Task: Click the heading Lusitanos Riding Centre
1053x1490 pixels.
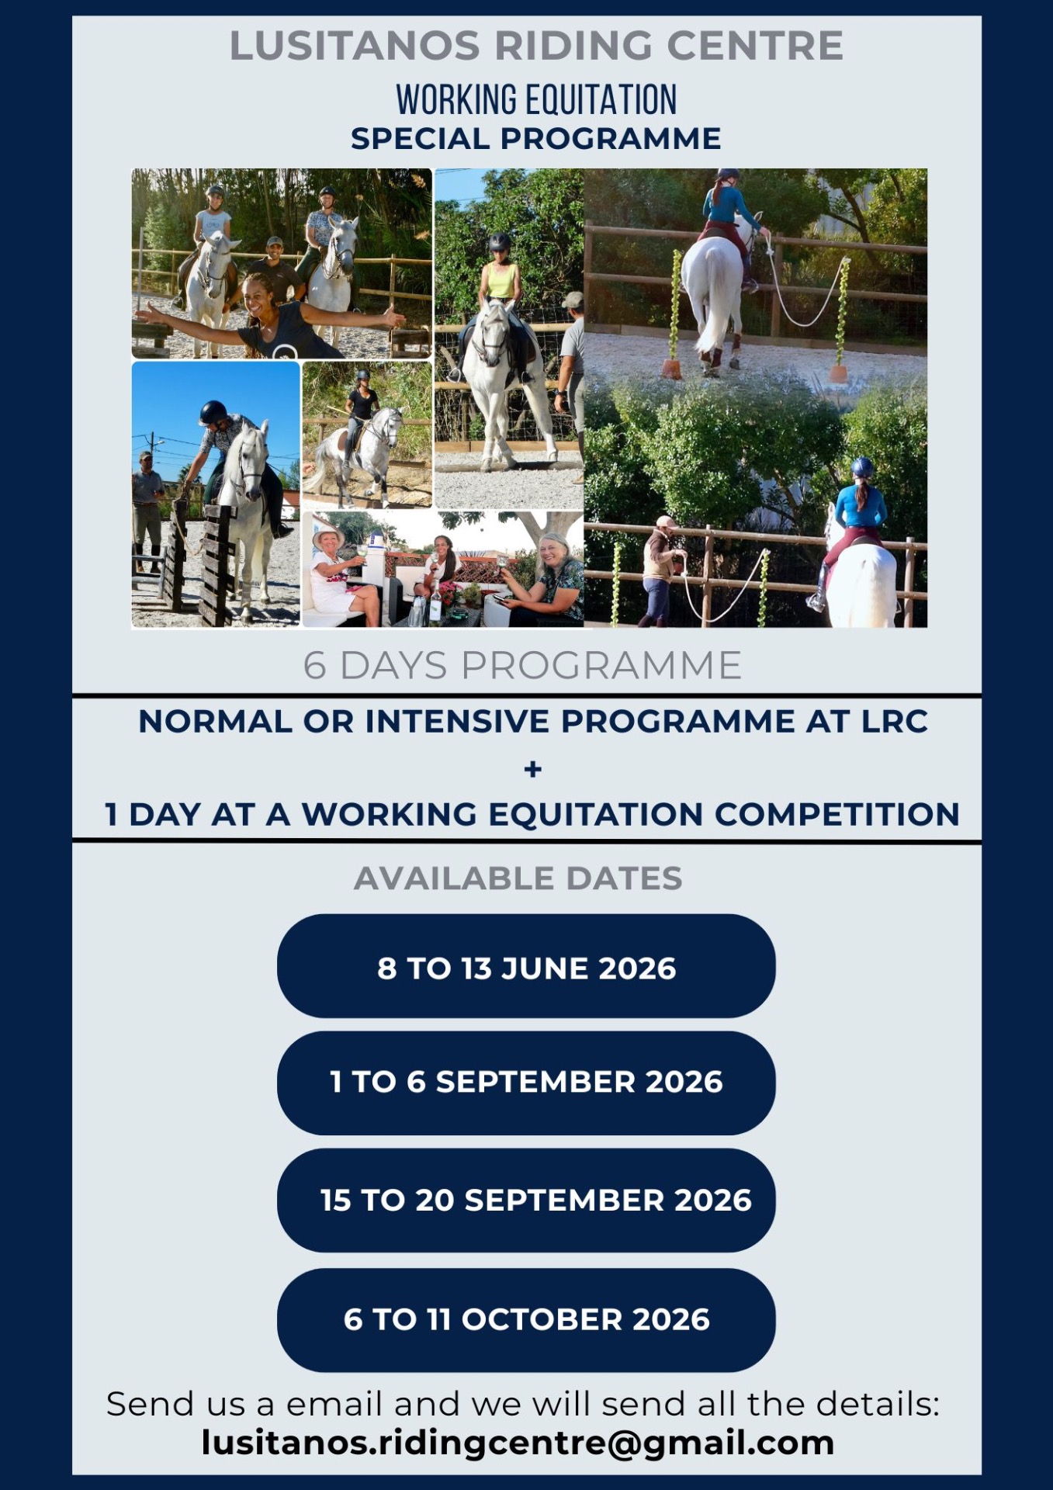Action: [536, 46]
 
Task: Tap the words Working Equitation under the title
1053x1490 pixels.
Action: [536, 99]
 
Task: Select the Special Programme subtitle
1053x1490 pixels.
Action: [536, 139]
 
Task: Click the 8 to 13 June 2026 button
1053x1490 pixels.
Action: [526, 966]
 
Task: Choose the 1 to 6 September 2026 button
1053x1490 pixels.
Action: [526, 1083]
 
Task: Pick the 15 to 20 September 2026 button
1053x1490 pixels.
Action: [526, 1201]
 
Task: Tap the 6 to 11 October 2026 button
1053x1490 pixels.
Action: [526, 1320]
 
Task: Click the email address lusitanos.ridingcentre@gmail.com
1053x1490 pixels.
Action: [518, 1443]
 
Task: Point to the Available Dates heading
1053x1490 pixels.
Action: [518, 878]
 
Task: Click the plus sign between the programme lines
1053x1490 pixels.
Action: [533, 769]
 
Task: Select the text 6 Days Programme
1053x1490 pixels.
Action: [522, 666]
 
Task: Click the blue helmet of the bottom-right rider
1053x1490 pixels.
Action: [862, 467]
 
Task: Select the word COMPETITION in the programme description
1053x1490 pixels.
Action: [837, 814]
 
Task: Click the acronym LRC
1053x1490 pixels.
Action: [895, 722]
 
